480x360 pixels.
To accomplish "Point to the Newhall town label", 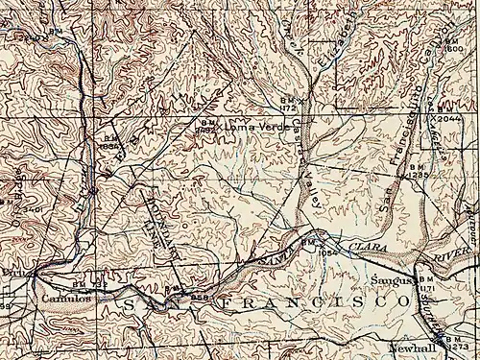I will [x=407, y=348].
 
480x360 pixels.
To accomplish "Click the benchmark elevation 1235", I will [x=418, y=177].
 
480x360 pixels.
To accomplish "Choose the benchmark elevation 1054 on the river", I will [x=329, y=252].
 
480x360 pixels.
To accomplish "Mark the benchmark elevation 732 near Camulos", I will [x=97, y=285].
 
